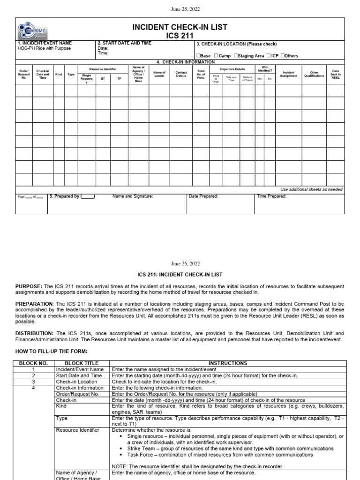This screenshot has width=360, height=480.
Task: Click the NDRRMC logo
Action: pyautogui.click(x=33, y=30)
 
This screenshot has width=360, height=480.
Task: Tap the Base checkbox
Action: pyautogui.click(x=199, y=56)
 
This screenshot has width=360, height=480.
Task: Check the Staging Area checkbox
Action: pyautogui.click(x=236, y=56)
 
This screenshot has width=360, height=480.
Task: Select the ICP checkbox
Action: pyautogui.click(x=269, y=56)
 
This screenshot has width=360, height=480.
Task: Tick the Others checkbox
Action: pyautogui.click(x=283, y=56)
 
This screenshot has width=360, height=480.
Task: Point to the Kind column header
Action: pyautogui.click(x=59, y=74)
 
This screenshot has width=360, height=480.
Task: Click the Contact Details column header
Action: pyautogui.click(x=181, y=74)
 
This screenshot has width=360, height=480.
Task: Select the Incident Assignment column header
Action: pyautogui.click(x=288, y=74)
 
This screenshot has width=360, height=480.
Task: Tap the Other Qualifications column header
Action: pyautogui.click(x=314, y=74)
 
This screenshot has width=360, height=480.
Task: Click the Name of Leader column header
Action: pyautogui.click(x=159, y=74)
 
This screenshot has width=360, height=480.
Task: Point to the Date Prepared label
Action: pyautogui.click(x=203, y=196)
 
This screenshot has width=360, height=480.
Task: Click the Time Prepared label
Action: pyautogui.click(x=271, y=196)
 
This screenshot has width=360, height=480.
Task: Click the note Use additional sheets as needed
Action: pyautogui.click(x=311, y=190)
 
